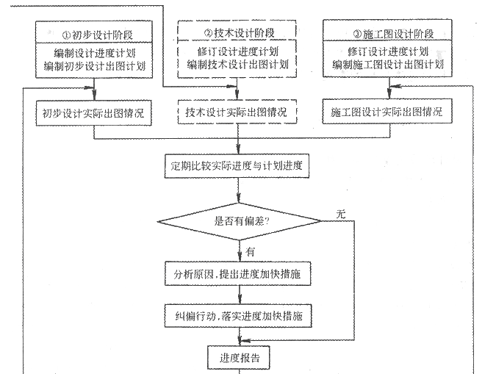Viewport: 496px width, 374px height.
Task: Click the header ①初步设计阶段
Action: point(98,35)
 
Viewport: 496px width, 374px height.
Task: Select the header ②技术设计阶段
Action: point(239,33)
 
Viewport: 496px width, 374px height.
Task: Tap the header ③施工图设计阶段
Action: point(394,34)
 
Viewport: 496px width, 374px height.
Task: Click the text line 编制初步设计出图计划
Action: point(94,66)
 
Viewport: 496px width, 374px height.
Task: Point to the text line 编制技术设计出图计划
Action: point(237,65)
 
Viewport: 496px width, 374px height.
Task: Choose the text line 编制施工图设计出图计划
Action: point(388,65)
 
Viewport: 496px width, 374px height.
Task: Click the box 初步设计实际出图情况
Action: point(93,113)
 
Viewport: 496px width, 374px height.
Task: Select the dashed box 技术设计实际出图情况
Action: point(237,112)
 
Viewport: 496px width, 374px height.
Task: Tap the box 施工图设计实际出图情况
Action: point(387,112)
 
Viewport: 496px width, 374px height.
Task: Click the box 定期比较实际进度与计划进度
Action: point(237,166)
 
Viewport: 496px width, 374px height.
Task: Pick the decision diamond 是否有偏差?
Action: point(240,221)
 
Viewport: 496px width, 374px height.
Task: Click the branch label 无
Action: point(341,215)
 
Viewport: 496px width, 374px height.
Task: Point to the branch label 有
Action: point(251,252)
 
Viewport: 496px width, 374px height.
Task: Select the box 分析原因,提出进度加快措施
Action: point(237,273)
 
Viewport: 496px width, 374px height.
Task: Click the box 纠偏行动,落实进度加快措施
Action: point(238,316)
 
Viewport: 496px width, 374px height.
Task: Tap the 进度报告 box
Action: point(239,358)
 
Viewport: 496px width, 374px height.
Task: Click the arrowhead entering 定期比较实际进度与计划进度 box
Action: point(238,150)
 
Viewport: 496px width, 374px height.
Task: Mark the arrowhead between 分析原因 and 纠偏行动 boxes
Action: point(240,300)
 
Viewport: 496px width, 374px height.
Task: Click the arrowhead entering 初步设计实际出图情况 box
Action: point(94,96)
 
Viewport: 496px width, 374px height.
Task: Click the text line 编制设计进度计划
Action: point(94,53)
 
